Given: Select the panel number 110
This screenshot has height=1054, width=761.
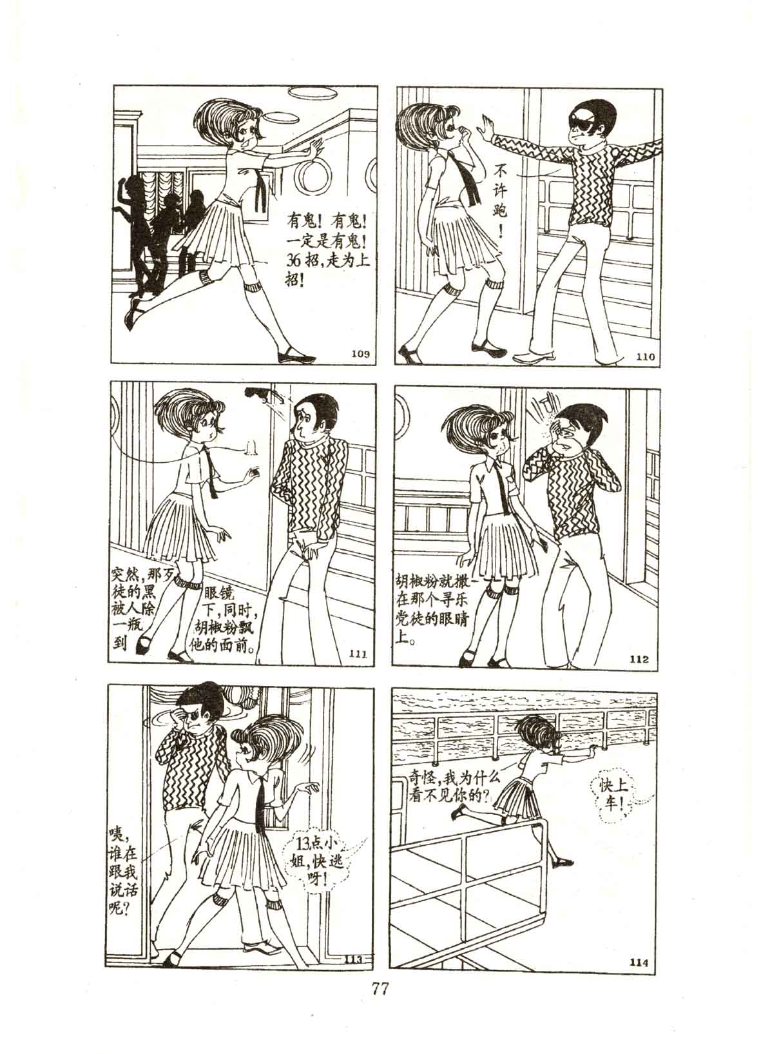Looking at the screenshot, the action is pyautogui.click(x=645, y=356).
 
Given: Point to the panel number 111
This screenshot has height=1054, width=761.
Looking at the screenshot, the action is pyautogui.click(x=359, y=652).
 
